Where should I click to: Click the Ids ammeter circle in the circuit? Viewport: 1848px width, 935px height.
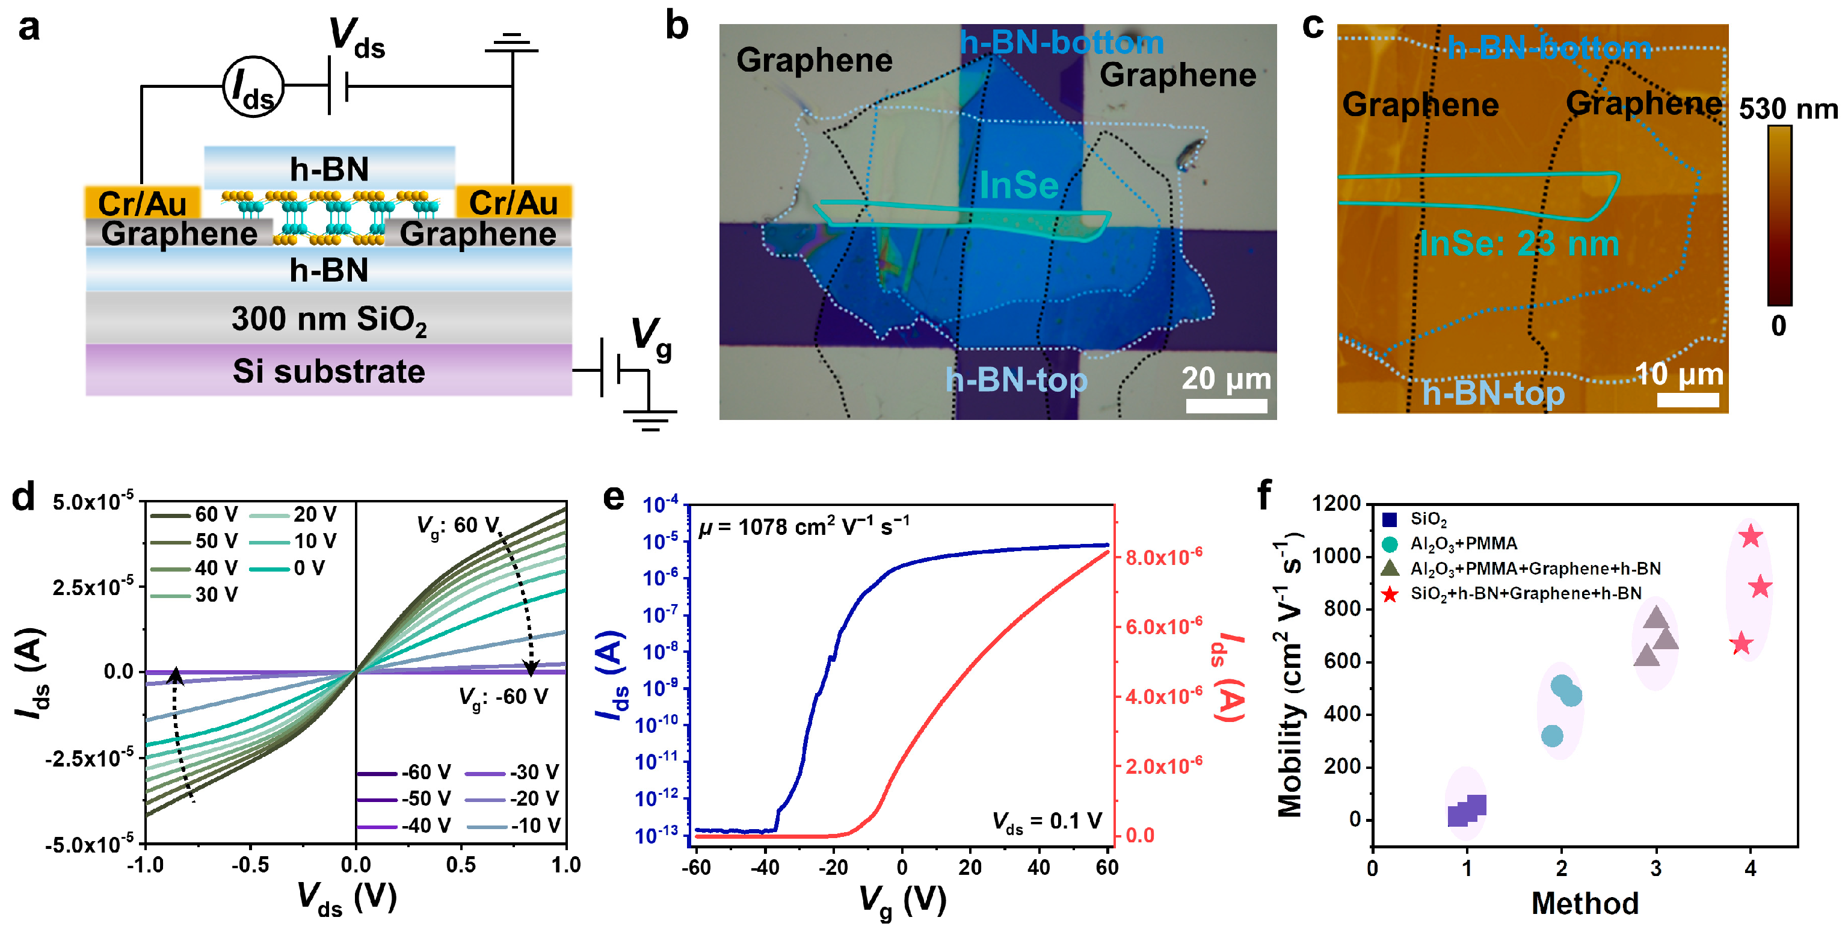coord(253,87)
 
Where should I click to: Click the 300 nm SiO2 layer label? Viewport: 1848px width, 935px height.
coord(328,319)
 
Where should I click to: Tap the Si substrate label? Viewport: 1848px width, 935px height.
coord(328,371)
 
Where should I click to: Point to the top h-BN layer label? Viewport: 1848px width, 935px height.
coord(329,169)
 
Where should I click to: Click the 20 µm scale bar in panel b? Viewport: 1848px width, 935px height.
coord(1226,406)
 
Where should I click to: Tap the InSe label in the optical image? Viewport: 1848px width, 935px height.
coord(1018,186)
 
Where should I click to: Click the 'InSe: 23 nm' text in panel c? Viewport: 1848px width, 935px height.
coord(1519,244)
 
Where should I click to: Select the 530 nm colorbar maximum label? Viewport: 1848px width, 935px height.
coord(1788,109)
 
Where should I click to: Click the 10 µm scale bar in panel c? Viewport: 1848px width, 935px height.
coord(1687,400)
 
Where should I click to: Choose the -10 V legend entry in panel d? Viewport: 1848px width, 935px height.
coord(514,826)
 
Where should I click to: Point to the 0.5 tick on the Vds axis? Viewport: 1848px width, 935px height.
coord(461,865)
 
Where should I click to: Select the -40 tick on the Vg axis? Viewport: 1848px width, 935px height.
coord(764,868)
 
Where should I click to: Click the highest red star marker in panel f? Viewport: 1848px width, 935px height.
coord(1751,536)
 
